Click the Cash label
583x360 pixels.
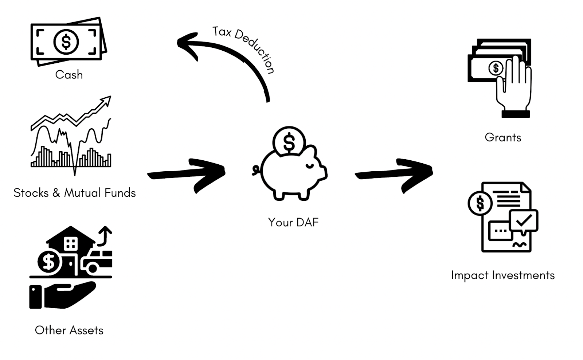coord(69,75)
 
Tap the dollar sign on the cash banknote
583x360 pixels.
coord(66,42)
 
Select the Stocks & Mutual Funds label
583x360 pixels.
coord(74,193)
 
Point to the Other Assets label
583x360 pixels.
coord(69,330)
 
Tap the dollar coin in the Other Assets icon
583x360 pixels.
coord(49,261)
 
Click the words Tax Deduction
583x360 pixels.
coord(243,48)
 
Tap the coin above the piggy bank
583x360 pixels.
coord(289,142)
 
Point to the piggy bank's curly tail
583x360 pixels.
coord(256,170)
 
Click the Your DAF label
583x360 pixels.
coord(293,222)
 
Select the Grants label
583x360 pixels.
coord(503,137)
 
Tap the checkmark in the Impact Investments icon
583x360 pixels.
coord(524,220)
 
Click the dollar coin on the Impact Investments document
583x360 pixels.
coord(480,203)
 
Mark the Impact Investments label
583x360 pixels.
coord(503,275)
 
